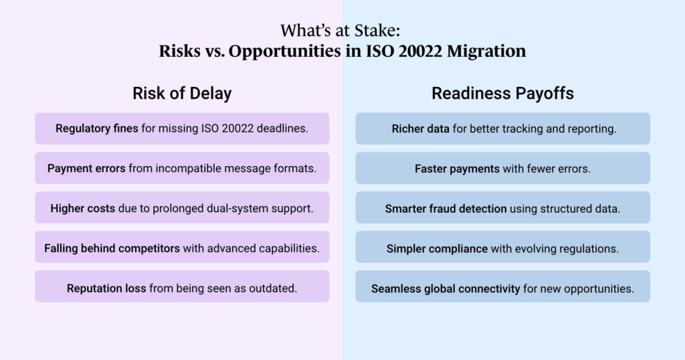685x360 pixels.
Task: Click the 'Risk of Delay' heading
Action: tap(182, 94)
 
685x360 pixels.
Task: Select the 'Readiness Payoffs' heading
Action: tap(502, 94)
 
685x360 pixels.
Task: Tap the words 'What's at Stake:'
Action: tap(342, 31)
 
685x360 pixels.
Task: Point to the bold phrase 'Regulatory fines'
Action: tap(97, 128)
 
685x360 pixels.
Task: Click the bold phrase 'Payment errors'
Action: tap(86, 168)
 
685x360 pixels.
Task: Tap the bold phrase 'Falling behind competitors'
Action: tap(112, 248)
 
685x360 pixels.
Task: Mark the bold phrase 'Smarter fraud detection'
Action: tap(446, 208)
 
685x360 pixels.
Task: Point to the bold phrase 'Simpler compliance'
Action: tap(437, 248)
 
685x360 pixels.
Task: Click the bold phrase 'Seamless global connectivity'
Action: tap(446, 288)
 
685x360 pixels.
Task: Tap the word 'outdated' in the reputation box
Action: tap(275, 288)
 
